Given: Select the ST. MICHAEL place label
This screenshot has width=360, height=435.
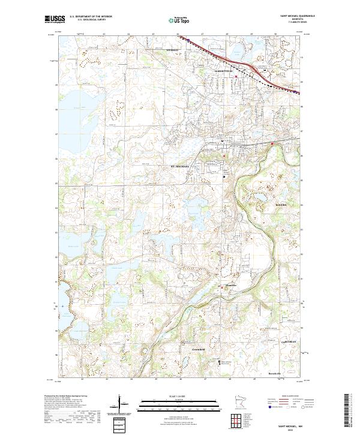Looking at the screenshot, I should [180, 166].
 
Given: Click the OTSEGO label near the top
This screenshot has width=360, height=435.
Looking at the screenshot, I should [173, 50].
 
